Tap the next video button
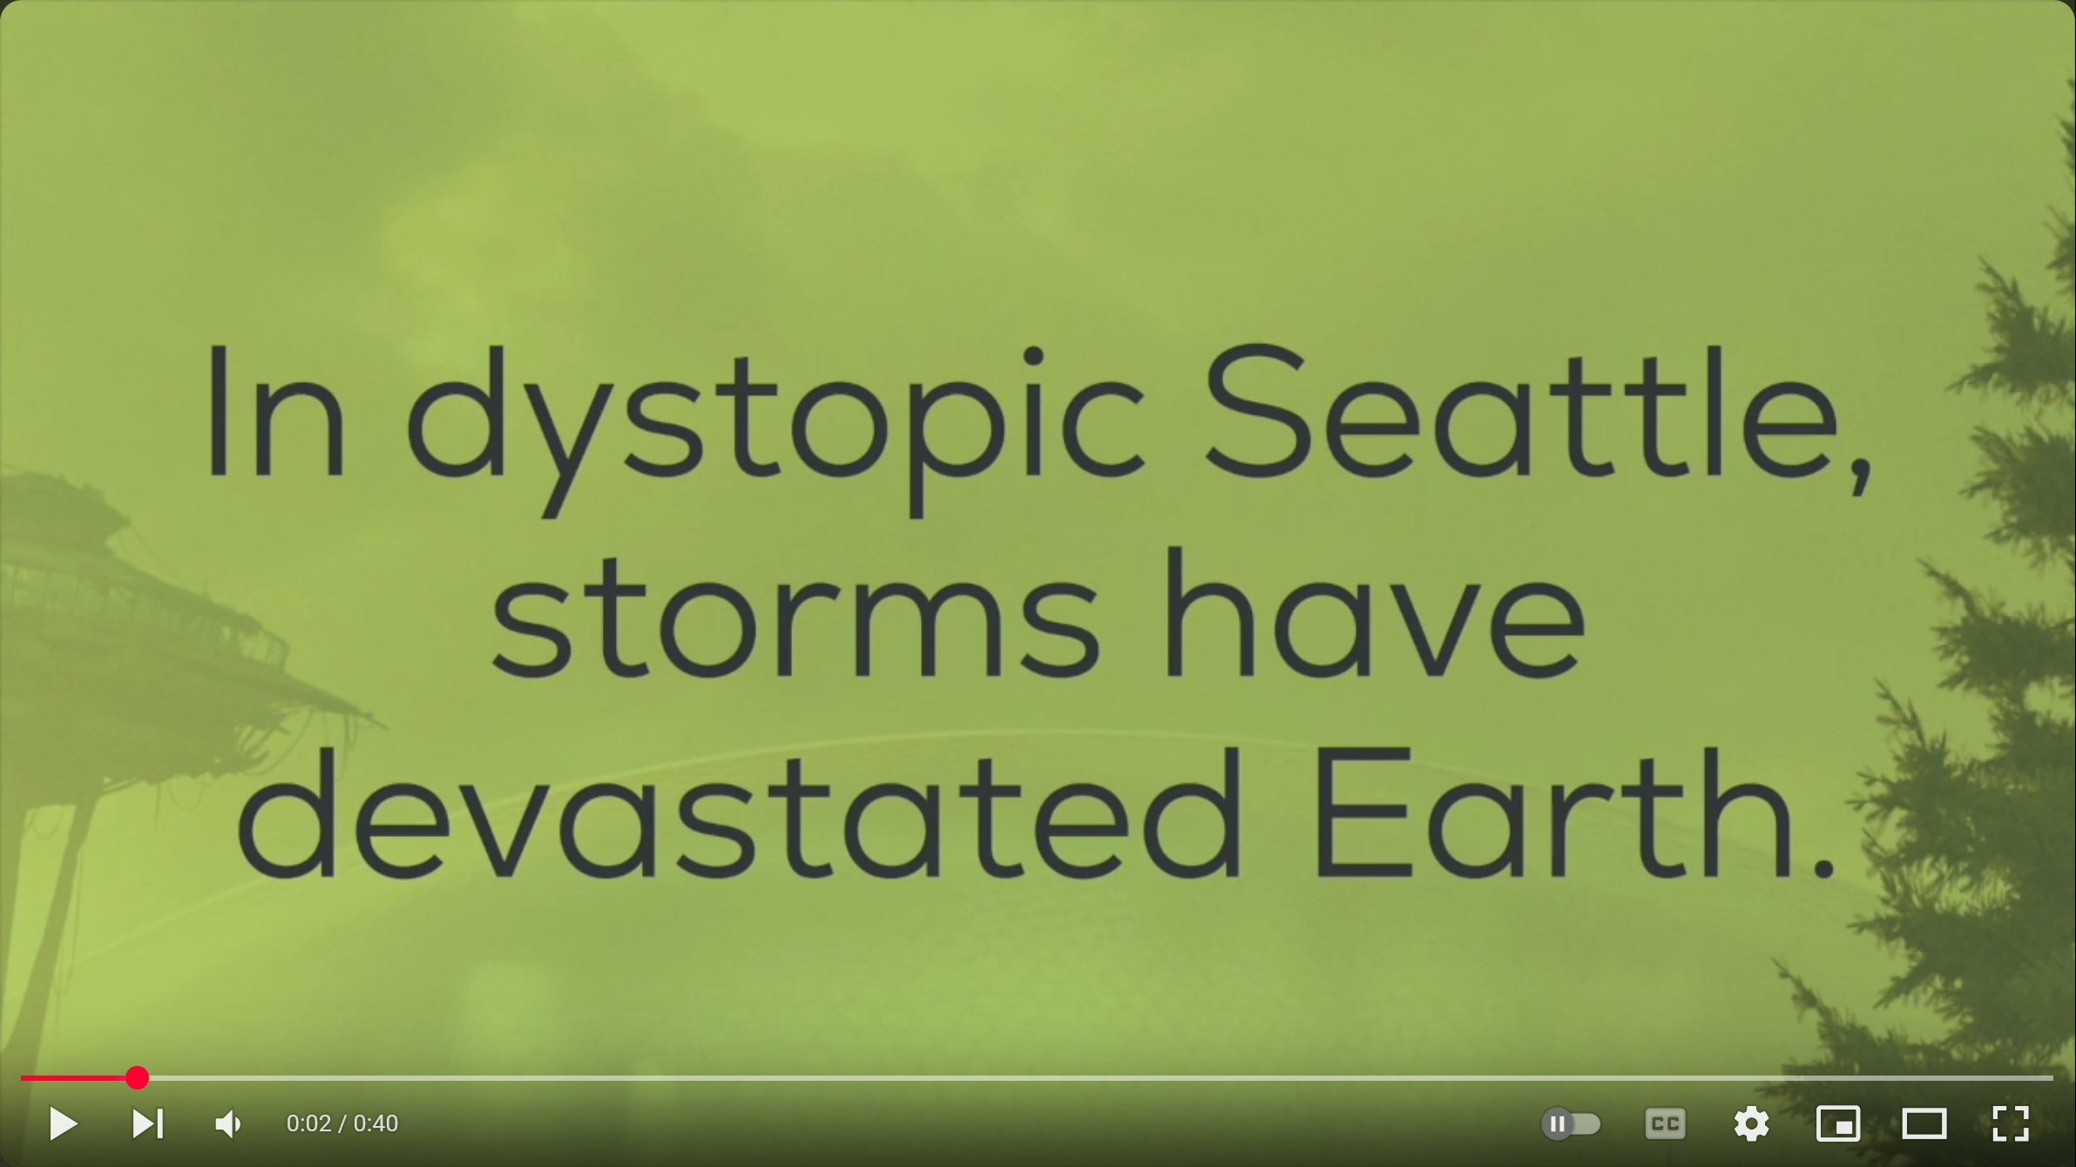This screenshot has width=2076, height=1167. click(147, 1123)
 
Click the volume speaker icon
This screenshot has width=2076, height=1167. click(228, 1124)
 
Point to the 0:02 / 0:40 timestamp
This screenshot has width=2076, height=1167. click(342, 1123)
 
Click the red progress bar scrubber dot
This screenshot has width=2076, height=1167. click(137, 1078)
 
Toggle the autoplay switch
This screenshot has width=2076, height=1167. click(1571, 1124)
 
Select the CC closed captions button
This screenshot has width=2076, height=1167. click(1665, 1124)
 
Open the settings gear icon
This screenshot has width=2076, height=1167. click(1751, 1124)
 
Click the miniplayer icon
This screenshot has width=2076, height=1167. click(1837, 1124)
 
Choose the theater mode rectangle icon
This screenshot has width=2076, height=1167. click(1924, 1124)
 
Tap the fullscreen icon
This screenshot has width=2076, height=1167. click(2010, 1124)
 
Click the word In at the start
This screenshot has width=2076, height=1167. click(276, 412)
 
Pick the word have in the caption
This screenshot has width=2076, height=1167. click(1375, 614)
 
